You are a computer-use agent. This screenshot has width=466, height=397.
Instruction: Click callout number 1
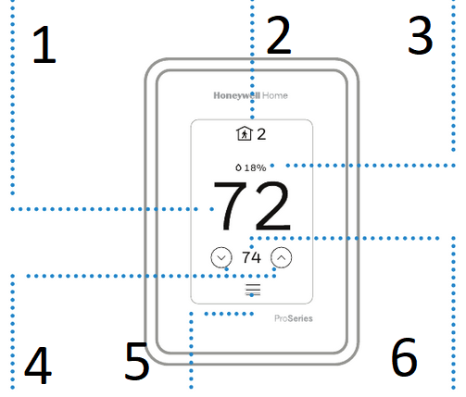tap(44, 45)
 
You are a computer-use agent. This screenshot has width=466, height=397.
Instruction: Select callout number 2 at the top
tap(279, 35)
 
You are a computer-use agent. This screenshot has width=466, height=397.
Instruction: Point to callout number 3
tap(421, 35)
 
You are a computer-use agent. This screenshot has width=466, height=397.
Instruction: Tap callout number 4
tap(38, 366)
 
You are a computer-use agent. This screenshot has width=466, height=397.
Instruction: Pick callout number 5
tap(137, 361)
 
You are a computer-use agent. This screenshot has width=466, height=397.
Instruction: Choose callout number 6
tap(404, 357)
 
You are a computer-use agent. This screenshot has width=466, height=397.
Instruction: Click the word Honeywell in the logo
tap(237, 95)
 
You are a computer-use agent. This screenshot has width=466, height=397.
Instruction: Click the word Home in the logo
tap(275, 95)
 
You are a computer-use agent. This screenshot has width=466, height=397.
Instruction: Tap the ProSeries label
tap(294, 318)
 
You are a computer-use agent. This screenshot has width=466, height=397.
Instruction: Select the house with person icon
tap(245, 133)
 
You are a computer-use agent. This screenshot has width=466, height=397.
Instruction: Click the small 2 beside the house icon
tap(261, 134)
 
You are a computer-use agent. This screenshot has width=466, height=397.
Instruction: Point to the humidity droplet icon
tap(238, 167)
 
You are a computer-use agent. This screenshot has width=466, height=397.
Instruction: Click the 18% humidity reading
tap(255, 167)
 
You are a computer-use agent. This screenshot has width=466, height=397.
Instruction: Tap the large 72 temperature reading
tap(252, 206)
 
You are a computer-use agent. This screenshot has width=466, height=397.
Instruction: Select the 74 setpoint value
tap(251, 257)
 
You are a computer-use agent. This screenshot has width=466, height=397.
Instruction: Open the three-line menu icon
tap(253, 290)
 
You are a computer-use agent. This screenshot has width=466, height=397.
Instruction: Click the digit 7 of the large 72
tap(231, 206)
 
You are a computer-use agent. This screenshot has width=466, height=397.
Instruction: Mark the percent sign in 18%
tap(262, 167)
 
